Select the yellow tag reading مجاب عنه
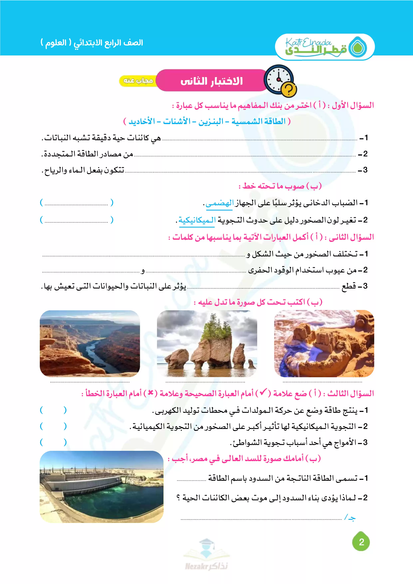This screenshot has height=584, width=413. pos(138,81)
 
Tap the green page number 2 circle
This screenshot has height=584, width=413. pos(361,542)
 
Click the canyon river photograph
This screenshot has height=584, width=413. pos(90,343)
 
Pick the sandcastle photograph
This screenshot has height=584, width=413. pos(324,343)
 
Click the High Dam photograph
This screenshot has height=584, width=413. pos(102,487)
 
